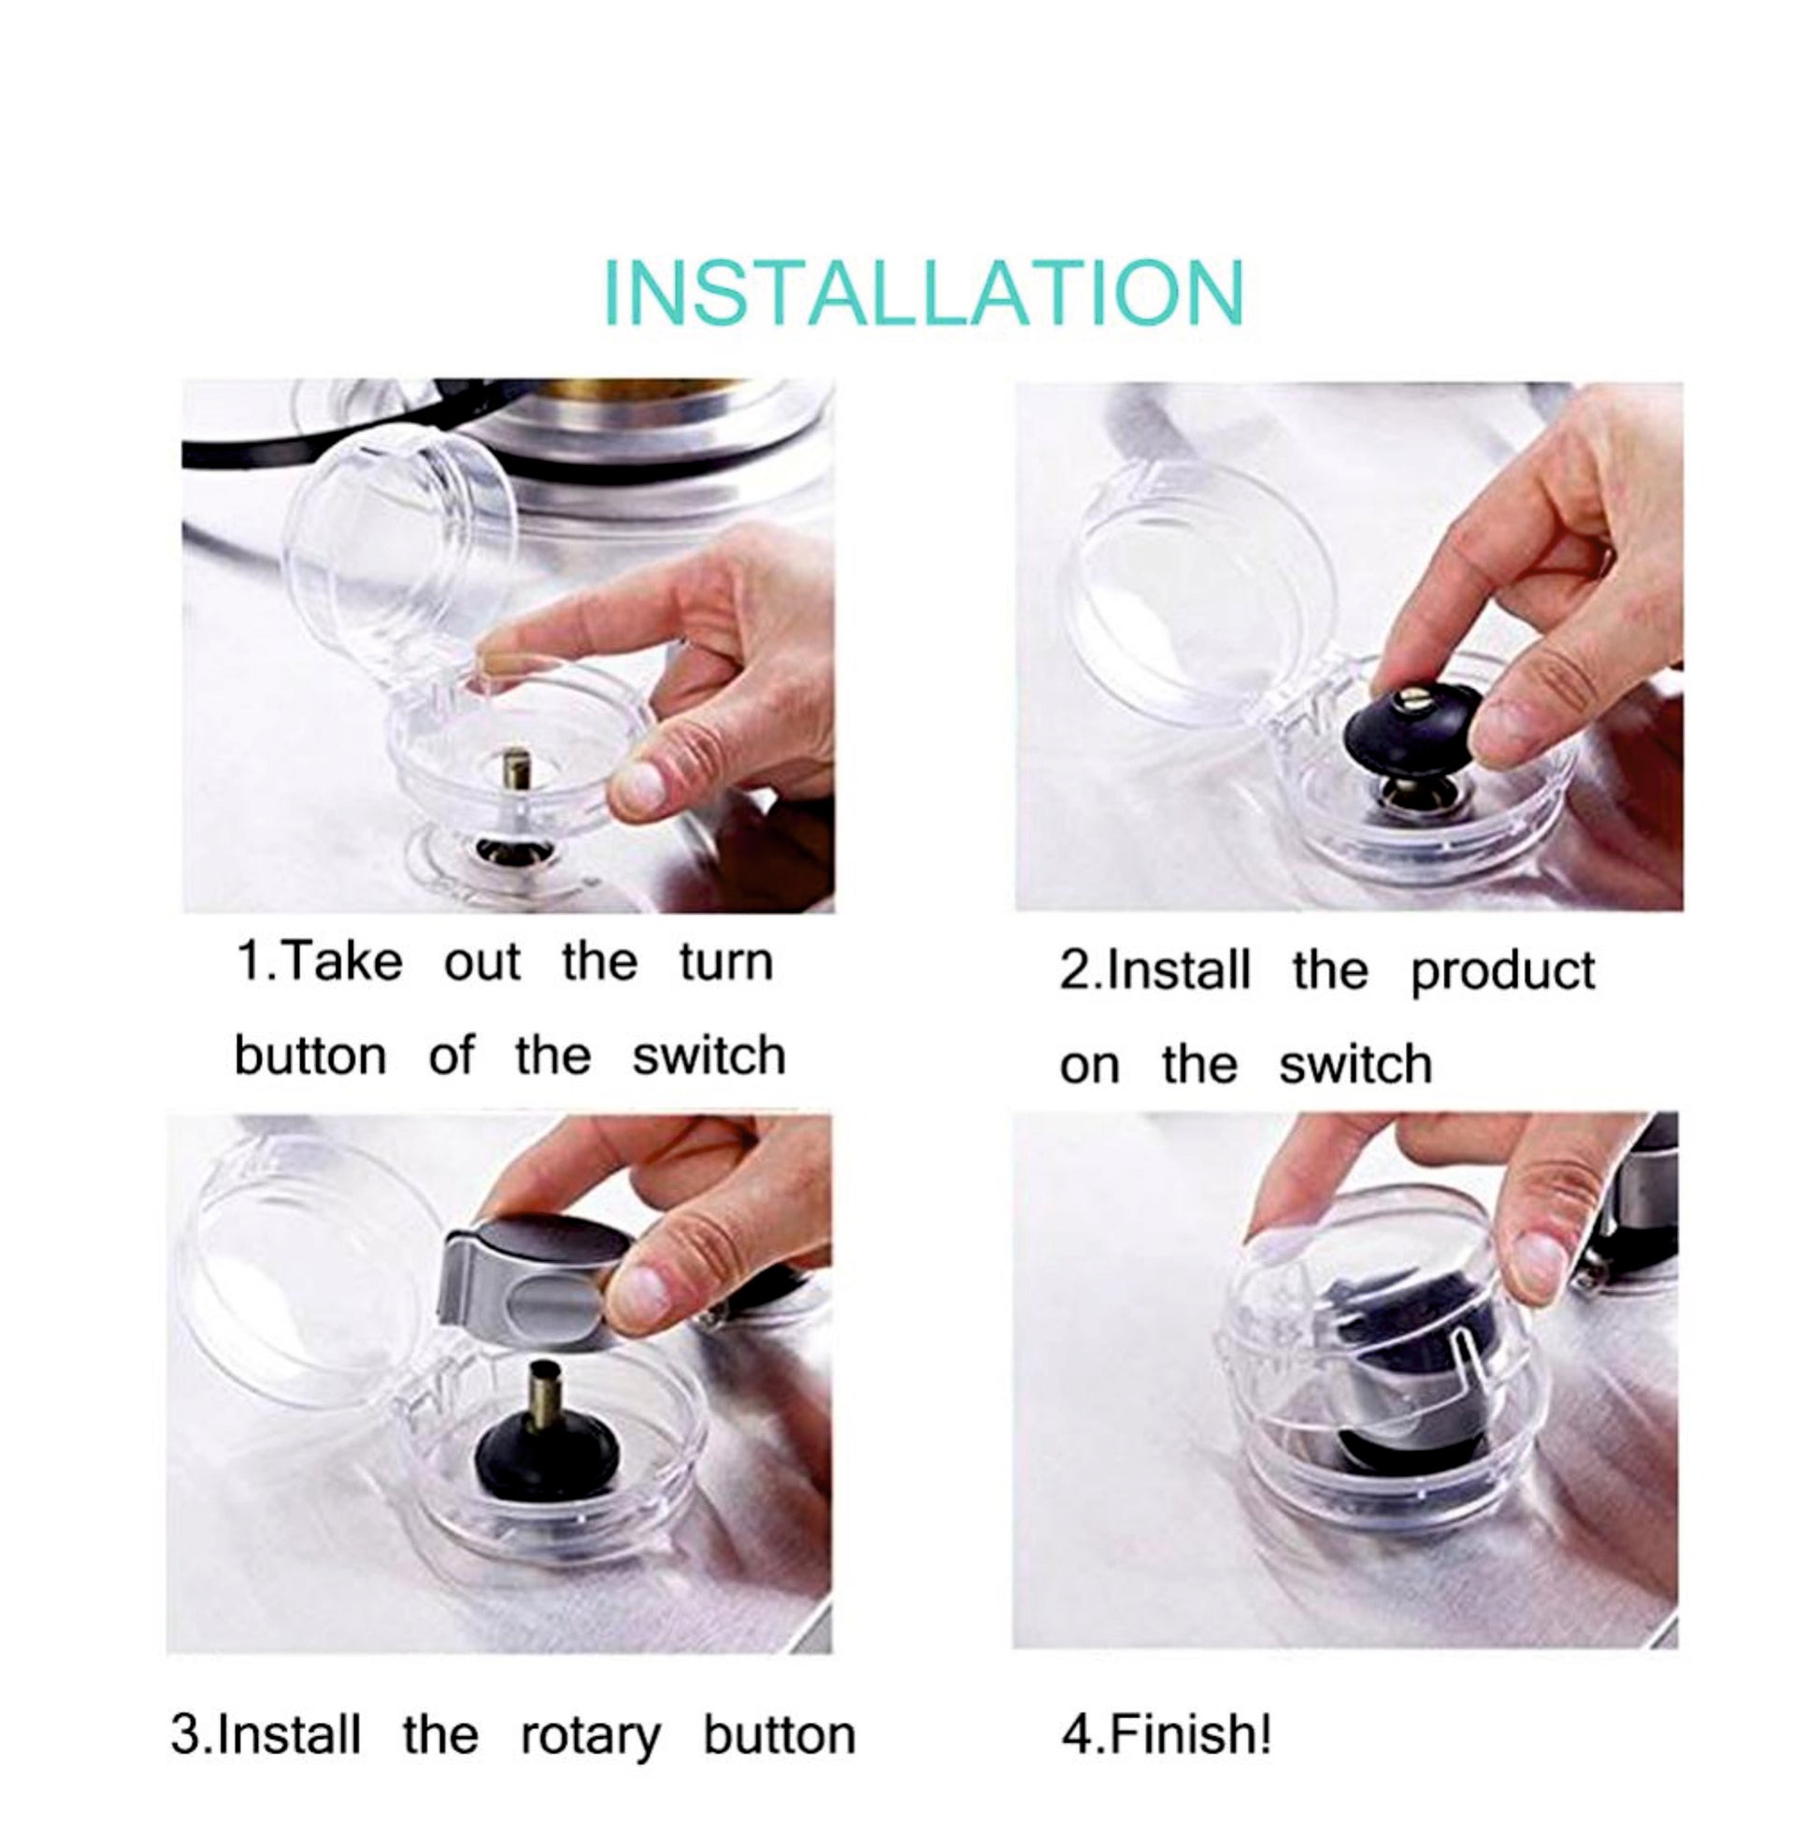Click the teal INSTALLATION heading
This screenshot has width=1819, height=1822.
[924, 293]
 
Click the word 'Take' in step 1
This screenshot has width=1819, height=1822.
[341, 962]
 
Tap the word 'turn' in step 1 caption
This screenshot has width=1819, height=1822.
[726, 963]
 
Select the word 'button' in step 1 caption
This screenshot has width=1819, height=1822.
[310, 1055]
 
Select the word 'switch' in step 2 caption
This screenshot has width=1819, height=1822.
[1355, 1065]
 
